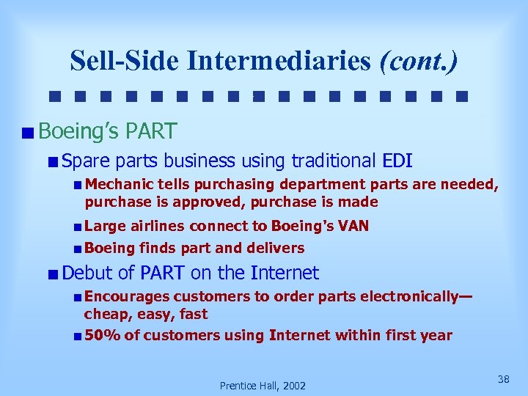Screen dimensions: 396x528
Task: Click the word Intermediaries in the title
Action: [x=279, y=61]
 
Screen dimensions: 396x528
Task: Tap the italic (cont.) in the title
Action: [x=418, y=61]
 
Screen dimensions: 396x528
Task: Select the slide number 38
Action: [x=503, y=379]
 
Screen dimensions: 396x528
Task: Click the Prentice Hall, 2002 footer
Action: [x=263, y=385]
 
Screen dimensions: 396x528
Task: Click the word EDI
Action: [x=398, y=161]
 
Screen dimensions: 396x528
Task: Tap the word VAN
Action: [x=353, y=226]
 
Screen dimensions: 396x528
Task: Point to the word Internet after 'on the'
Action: [x=285, y=274]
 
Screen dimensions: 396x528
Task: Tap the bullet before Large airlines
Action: [x=78, y=227]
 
